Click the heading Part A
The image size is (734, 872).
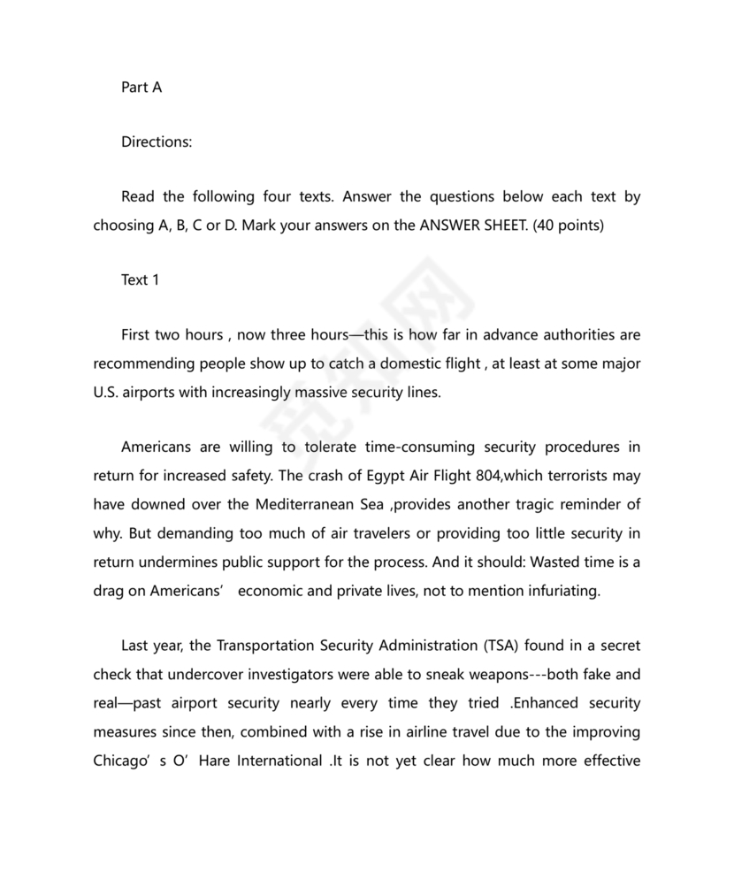(141, 88)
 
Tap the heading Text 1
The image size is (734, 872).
(141, 279)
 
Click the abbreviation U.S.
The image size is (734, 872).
(107, 392)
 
